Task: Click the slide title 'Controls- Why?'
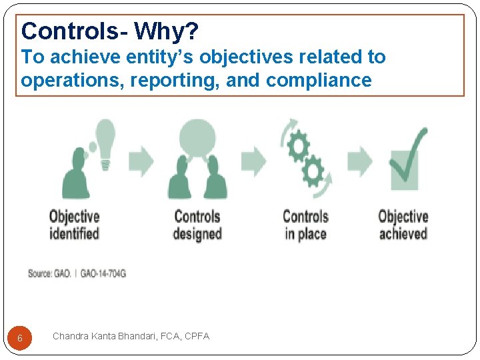[x=109, y=31]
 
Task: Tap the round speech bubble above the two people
[x=197, y=137]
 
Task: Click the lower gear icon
[x=312, y=173]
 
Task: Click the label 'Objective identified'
[x=74, y=225]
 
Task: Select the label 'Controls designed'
[x=197, y=225]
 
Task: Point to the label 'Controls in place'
[x=305, y=225]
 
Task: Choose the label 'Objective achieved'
[x=403, y=225]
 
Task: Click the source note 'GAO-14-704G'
[x=103, y=274]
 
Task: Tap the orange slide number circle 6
[x=20, y=338]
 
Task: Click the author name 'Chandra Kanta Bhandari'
[x=105, y=336]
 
